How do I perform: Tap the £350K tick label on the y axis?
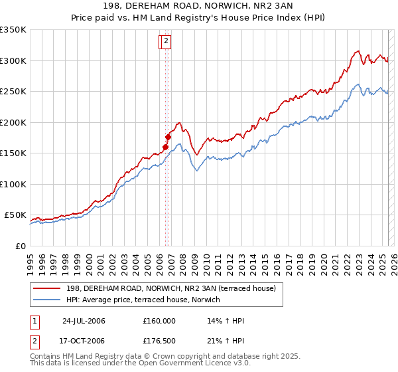pos(13,30)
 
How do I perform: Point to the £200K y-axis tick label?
pos(13,122)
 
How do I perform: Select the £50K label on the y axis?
pos(15,215)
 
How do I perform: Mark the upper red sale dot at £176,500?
pos(168,138)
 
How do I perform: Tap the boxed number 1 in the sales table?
pos(34,321)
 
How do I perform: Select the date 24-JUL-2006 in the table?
pos(84,321)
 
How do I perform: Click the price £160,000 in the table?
pos(159,321)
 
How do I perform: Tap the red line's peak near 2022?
pos(358,50)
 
